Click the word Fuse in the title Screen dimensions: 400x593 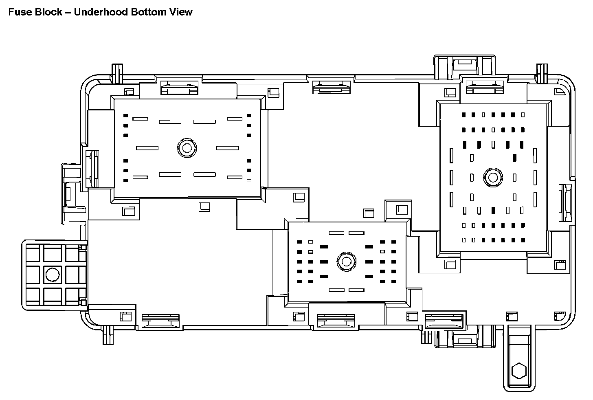tap(18, 12)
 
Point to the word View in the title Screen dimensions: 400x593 tap(181, 12)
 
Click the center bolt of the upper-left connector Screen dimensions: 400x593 tap(187, 147)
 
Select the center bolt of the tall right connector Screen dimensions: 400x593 tap(493, 178)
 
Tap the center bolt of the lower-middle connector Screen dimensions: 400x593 tap(347, 261)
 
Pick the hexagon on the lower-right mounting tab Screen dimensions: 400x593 tap(519, 371)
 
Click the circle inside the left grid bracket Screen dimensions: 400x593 tap(52, 275)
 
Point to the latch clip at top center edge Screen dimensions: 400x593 tap(331, 87)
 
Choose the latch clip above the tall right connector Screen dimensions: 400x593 tap(484, 87)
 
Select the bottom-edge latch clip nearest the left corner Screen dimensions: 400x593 tap(160, 321)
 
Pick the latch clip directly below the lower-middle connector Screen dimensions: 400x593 tap(336, 321)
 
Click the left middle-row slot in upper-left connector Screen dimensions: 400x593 tap(147, 148)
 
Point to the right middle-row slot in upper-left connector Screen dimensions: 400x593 tap(227, 148)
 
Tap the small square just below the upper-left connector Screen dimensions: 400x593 tap(204, 207)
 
